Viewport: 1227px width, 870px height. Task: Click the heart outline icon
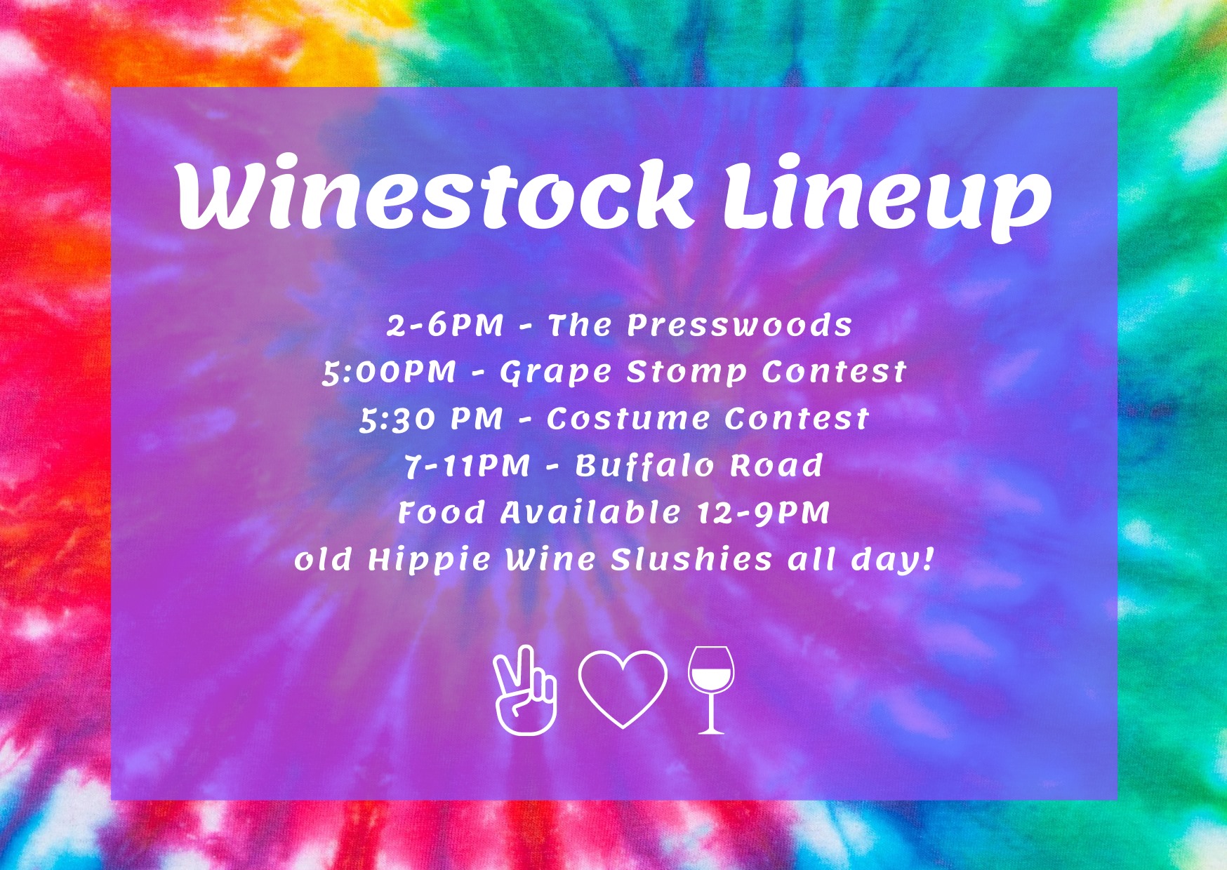point(623,689)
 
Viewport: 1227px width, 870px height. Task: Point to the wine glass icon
point(711,690)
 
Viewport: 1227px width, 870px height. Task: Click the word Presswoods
point(739,325)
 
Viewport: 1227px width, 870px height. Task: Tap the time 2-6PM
point(445,325)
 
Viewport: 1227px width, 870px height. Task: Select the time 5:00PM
point(390,372)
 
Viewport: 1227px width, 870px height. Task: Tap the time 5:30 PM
point(432,419)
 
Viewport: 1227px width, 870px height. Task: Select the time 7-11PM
point(467,465)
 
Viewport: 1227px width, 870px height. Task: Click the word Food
point(441,512)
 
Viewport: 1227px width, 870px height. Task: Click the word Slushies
point(691,559)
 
